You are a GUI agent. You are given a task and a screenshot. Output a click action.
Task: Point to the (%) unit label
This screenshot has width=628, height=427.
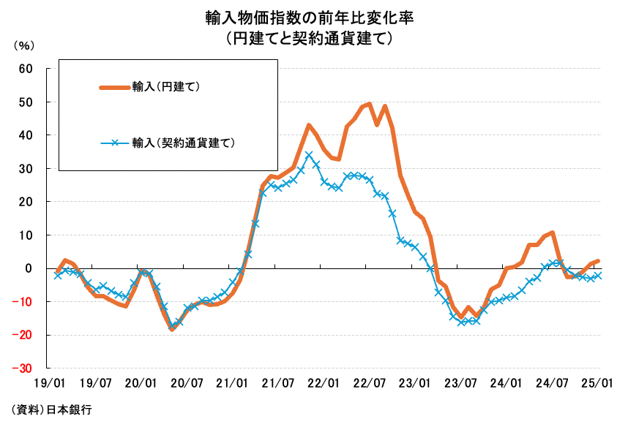(24, 45)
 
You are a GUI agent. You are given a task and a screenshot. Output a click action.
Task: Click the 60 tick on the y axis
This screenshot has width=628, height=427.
(26, 69)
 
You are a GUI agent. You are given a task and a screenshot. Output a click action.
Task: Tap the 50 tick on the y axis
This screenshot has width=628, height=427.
(26, 102)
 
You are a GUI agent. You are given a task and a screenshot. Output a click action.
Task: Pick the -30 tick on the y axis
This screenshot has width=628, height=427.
(23, 369)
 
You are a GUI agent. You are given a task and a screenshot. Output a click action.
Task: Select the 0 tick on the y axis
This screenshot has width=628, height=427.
(29, 268)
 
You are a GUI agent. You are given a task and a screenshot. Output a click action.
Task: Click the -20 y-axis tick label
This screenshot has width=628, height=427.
(23, 335)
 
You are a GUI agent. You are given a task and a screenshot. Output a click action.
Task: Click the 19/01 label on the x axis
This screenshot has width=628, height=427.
(48, 382)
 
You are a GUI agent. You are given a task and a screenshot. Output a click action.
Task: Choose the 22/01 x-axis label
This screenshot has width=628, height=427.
(324, 382)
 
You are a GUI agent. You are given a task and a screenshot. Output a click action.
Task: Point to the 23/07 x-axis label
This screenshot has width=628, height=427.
(461, 382)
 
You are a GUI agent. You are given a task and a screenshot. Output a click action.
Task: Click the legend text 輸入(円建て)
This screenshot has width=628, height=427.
(166, 87)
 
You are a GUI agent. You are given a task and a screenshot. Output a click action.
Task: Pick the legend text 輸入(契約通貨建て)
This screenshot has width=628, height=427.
(183, 143)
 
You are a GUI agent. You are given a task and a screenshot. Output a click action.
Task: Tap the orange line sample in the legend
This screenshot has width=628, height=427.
(115, 87)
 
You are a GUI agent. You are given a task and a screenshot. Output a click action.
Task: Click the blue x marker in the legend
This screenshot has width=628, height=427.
(116, 143)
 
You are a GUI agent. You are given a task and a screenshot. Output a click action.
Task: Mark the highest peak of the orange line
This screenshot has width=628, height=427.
(370, 104)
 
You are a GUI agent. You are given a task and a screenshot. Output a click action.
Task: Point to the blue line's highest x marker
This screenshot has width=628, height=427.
(309, 155)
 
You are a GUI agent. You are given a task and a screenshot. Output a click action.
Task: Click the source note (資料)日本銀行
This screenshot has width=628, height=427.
(53, 409)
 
